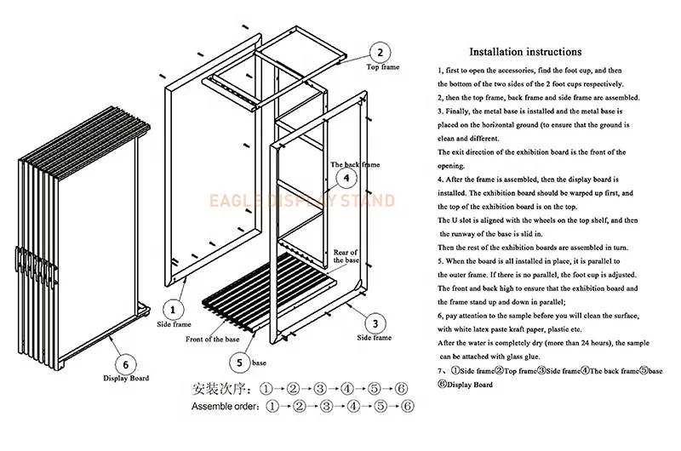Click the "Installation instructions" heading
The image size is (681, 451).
coord(525,51)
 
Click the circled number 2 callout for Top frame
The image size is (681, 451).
coord(380,50)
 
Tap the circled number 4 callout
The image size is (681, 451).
coord(346,178)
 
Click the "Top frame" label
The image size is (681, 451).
coord(383,67)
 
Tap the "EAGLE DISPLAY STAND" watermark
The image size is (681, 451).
coord(302,201)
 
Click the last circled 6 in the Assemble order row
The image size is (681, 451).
coord(408,407)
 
